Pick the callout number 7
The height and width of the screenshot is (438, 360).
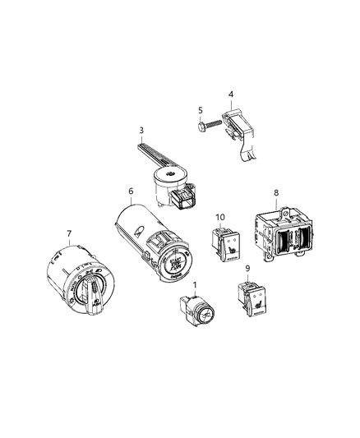[69, 233]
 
